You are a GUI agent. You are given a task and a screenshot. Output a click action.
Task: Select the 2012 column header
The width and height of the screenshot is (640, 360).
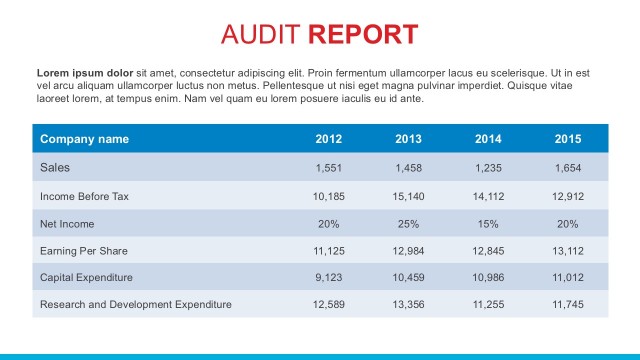coord(329,139)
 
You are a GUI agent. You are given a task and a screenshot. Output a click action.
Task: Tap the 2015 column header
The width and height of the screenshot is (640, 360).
coord(568,139)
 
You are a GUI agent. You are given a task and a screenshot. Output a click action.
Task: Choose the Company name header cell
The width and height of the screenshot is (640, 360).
coord(84,139)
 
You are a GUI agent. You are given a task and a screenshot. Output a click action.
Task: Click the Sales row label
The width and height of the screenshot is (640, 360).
coord(55,167)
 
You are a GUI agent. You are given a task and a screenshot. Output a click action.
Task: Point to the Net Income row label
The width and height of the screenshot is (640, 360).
coord(67,223)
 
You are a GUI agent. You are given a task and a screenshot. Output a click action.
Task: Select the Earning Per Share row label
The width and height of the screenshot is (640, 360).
coord(83,250)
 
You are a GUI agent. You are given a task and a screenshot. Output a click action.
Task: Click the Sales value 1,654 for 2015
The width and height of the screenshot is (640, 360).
coord(568,168)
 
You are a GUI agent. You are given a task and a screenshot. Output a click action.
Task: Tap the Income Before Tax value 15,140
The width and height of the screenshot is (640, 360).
coord(409,196)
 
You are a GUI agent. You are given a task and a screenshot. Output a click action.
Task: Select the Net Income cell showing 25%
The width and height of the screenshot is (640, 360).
coord(409,223)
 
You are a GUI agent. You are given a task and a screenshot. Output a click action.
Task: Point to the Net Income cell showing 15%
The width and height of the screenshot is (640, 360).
coord(488,223)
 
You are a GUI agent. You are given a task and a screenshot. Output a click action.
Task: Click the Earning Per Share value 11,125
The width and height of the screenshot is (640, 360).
coord(329,250)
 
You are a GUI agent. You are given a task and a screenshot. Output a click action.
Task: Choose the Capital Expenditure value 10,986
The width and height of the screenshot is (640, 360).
coord(488,277)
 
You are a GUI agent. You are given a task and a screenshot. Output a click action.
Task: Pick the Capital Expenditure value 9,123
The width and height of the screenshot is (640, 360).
coord(329,277)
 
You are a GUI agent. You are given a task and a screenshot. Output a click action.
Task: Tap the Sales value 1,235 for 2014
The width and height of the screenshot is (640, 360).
coord(488,168)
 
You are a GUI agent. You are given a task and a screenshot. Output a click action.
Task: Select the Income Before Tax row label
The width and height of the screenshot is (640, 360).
coord(84,196)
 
